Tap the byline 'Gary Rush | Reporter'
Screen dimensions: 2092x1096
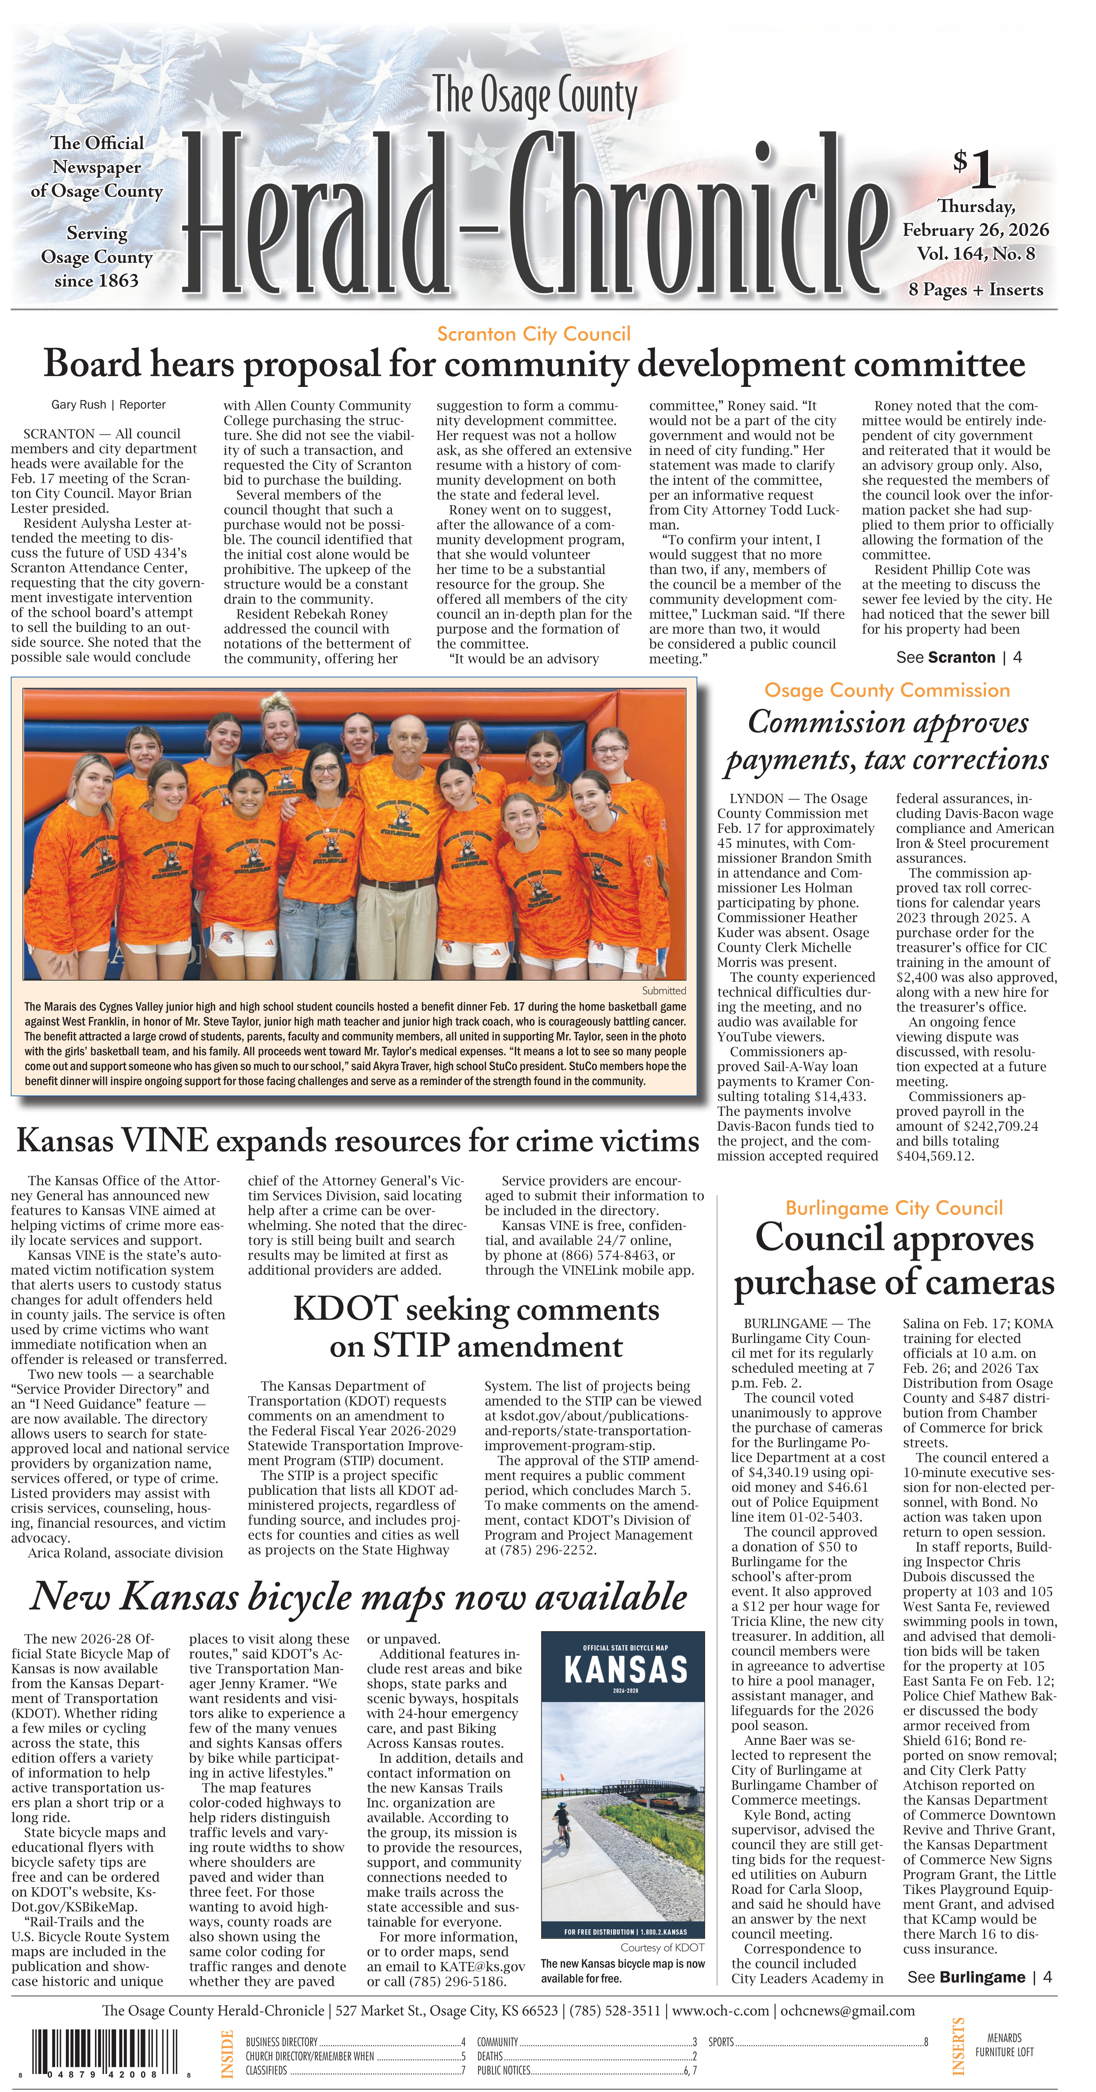pos(108,405)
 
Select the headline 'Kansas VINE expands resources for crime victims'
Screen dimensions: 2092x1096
pos(358,1140)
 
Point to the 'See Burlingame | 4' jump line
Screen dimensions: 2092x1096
pos(979,1977)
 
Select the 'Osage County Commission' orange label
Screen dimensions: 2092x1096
pos(886,690)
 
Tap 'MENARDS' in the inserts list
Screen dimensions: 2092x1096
pos(1004,2038)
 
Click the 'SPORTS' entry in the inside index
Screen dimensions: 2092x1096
pos(721,2042)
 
